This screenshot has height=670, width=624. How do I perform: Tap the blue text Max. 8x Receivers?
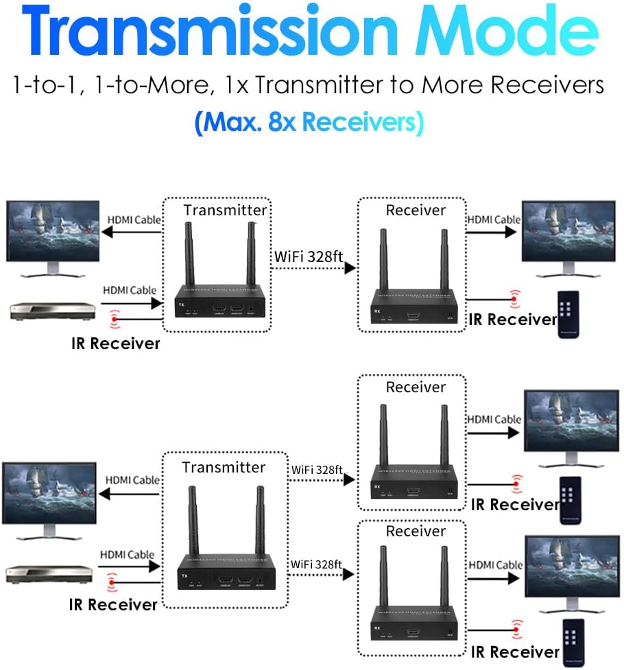pos(309,122)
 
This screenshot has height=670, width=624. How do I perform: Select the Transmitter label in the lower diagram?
pos(224,468)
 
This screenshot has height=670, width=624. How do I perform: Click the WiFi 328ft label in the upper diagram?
pos(308,257)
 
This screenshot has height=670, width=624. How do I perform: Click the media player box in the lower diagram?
pos(48,572)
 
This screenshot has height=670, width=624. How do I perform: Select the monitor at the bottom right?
pos(571,569)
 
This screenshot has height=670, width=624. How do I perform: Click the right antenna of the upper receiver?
pos(442,253)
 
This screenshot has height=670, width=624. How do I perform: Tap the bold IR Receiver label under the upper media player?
pos(115,343)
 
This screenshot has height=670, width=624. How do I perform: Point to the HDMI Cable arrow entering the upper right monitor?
pos(491,232)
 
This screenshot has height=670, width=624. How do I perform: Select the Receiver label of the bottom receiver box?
pos(416,531)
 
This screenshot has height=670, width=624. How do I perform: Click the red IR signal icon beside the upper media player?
pos(115,319)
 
